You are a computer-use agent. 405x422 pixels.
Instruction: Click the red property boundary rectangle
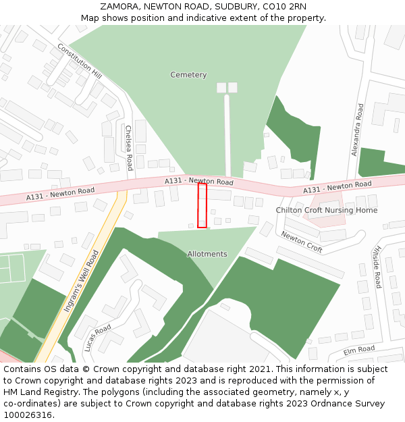click(x=202, y=206)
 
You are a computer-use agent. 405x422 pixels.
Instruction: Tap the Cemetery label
click(x=188, y=75)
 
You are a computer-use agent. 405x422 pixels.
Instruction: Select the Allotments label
click(x=207, y=254)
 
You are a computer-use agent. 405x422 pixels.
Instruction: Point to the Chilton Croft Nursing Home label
click(x=326, y=210)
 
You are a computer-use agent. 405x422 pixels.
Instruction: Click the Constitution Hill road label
click(x=79, y=61)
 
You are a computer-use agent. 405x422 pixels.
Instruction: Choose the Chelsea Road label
click(x=128, y=147)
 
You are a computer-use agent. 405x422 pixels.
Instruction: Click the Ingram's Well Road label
click(x=81, y=281)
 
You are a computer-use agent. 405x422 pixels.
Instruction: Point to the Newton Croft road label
click(x=302, y=242)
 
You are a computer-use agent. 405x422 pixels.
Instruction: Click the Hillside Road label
click(x=378, y=265)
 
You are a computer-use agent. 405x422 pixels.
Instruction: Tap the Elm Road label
click(x=358, y=350)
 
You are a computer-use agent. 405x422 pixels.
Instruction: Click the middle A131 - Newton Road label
click(x=199, y=182)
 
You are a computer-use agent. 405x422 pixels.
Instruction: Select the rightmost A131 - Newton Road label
click(x=337, y=186)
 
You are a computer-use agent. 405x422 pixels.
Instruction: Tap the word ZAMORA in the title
click(x=121, y=7)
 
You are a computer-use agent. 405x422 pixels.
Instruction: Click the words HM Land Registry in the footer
click(x=36, y=392)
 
